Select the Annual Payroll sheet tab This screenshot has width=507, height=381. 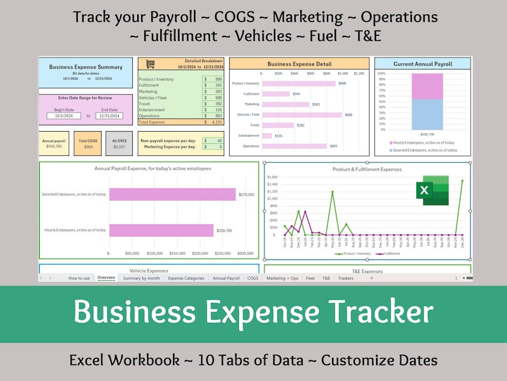[226, 278]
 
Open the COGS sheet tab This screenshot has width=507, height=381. [253, 278]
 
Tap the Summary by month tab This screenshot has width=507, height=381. [141, 278]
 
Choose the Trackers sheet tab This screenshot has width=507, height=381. [345, 278]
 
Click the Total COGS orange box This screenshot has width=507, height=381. [87, 144]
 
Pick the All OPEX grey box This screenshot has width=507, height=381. [119, 144]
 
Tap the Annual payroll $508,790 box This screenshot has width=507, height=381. [54, 144]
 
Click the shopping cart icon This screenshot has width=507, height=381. [150, 64]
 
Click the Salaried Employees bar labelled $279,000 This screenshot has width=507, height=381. [172, 194]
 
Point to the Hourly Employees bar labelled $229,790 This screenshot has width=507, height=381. [161, 230]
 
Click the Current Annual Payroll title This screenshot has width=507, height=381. [423, 64]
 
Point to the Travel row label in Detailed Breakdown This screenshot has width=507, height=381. [144, 104]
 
